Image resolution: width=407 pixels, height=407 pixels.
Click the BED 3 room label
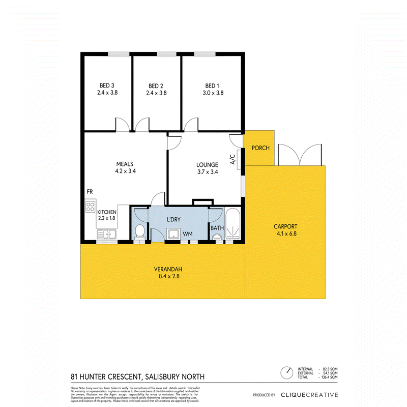pyautogui.click(x=107, y=85)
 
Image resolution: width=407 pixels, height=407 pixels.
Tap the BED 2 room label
pyautogui.click(x=156, y=85)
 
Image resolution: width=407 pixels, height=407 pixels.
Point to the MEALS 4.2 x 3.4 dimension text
pyautogui.click(x=125, y=171)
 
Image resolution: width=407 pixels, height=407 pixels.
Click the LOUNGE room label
pyautogui.click(x=207, y=164)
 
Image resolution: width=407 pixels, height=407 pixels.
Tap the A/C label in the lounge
pyautogui.click(x=232, y=161)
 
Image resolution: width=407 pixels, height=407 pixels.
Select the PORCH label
pyautogui.click(x=259, y=148)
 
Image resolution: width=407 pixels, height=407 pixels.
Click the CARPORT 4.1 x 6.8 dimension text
pyautogui.click(x=284, y=234)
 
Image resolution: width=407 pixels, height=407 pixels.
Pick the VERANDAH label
pyautogui.click(x=168, y=269)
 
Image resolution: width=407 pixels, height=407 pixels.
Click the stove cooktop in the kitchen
pyautogui.click(x=90, y=207)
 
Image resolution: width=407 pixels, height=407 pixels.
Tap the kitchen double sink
pyautogui.click(x=107, y=234)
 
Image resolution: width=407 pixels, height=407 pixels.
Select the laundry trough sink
pyautogui.click(x=174, y=234)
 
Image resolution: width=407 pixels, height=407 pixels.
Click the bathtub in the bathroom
pyautogui.click(x=235, y=224)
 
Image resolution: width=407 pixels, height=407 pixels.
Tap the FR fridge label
pyautogui.click(x=90, y=192)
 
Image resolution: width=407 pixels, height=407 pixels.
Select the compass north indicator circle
pyautogui.click(x=288, y=373)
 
